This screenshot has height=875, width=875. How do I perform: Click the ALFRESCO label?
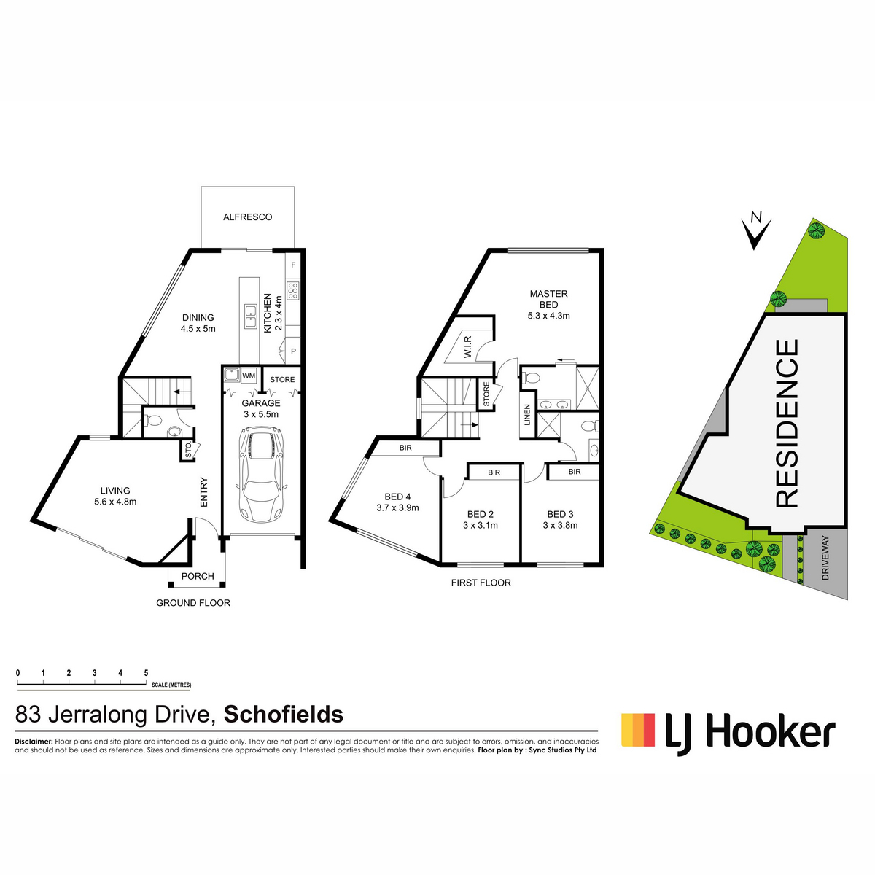[247, 217]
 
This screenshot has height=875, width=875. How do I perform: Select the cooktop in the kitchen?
[293, 291]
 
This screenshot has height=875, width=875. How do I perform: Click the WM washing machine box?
[249, 376]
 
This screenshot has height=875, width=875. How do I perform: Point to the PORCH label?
[198, 576]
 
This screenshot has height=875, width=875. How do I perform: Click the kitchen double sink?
[250, 316]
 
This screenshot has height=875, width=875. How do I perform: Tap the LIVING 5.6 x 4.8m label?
[115, 496]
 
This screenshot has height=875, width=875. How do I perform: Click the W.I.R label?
[468, 347]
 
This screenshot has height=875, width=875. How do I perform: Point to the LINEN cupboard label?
[527, 415]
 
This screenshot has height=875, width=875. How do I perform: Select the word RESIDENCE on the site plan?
[786, 423]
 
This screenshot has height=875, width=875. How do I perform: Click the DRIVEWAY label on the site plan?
[825, 558]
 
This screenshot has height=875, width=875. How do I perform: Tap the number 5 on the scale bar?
[147, 673]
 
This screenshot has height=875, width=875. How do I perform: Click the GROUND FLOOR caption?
[193, 603]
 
